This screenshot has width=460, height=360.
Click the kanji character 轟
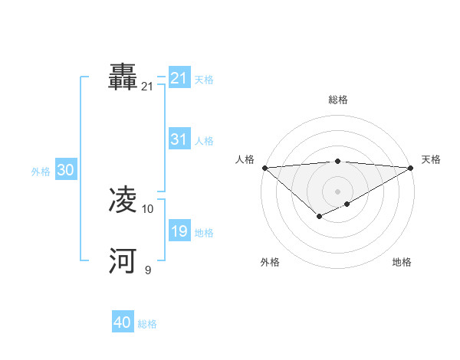pos(123,77)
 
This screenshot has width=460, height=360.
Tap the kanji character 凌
pos(123,200)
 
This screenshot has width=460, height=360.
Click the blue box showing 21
pos(179,78)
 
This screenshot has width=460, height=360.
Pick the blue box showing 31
pos(179,139)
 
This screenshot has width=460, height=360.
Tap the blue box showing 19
pos(179,231)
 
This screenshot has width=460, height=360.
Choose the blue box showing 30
pos(65,171)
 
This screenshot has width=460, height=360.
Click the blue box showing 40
pos(123,322)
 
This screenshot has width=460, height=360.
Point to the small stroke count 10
pos(148,208)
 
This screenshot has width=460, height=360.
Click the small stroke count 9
pos(147,269)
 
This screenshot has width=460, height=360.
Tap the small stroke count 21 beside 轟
pos(147,87)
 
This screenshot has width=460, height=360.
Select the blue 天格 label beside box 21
pos(204,80)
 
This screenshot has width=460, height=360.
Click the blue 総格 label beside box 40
pos(147,324)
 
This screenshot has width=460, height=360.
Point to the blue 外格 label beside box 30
pos(41,172)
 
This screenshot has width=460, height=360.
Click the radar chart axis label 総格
pos(338,100)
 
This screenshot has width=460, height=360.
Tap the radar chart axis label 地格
pos(402,262)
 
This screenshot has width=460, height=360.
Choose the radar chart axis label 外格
pos(270,262)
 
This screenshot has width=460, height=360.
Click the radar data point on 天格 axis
pos(411,167)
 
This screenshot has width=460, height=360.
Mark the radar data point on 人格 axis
pos(264,167)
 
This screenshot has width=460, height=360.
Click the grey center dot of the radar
pos(337,191)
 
